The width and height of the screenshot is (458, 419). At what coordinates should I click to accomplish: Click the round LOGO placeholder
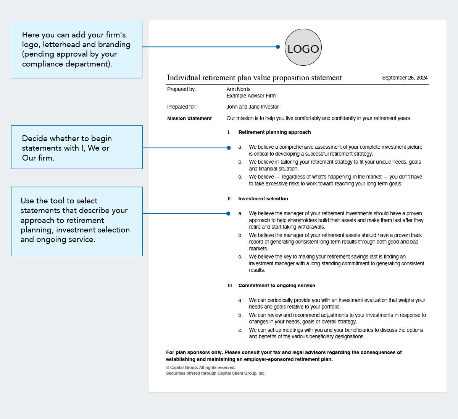coord(303,47)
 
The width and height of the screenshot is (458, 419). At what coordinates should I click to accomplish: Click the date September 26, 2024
coord(405,78)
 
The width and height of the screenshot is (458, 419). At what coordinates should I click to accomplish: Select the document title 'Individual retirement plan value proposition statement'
coord(254,78)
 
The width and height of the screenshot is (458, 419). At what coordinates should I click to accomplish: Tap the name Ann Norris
coord(238,89)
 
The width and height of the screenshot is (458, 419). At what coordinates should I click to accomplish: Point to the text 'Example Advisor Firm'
coord(251,96)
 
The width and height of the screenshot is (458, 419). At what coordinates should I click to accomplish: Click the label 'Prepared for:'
coord(182,107)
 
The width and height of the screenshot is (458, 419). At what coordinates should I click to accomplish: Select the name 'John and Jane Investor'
coord(252,107)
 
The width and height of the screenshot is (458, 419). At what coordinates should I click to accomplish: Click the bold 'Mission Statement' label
coord(189,119)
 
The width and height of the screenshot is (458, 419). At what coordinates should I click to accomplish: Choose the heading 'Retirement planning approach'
coord(274,132)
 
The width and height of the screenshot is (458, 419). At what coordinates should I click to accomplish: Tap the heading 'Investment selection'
coord(263,199)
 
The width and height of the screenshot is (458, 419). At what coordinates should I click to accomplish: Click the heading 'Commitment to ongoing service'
coord(277,286)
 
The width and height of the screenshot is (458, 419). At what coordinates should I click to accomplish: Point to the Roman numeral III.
coord(230,286)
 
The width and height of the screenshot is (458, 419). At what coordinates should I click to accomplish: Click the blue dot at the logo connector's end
coord(278,47)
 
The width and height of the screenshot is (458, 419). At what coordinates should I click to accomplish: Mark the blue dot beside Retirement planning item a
coord(229,148)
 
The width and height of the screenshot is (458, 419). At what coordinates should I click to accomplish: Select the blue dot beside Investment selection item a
coord(228,214)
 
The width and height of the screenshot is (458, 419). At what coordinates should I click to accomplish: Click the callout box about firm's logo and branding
coord(76,49)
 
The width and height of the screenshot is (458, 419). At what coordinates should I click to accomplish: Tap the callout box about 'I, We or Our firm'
coord(77,147)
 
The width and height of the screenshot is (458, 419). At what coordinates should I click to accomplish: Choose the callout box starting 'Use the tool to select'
coord(77,221)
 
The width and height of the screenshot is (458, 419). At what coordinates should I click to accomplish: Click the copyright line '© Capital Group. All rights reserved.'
coord(201,367)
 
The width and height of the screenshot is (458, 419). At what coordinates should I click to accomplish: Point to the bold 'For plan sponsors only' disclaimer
coord(284,356)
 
